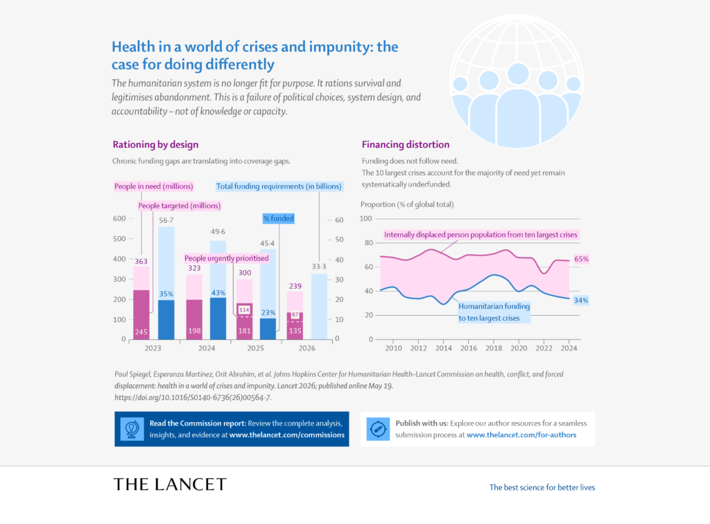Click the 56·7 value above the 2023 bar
pos(166,220)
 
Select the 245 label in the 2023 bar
pos(141,332)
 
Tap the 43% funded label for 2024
pos(218,293)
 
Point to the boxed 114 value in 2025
pos(244,310)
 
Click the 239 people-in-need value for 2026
pos(295,286)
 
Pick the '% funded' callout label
pos(279,219)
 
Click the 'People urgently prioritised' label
pos(227,258)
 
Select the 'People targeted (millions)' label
pos(180,206)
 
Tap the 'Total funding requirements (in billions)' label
pos(279,186)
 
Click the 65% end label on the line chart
pos(582,260)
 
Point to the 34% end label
pos(581,301)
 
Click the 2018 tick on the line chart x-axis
pos(494,348)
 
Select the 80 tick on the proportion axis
pos(369,242)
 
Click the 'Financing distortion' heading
pos(406,144)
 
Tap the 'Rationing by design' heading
pos(155,144)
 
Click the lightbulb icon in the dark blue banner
pos(132,429)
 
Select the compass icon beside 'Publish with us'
pos(378,429)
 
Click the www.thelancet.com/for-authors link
pos(521,435)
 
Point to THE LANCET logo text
pos(170,484)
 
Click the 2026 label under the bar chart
pos(306,348)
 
